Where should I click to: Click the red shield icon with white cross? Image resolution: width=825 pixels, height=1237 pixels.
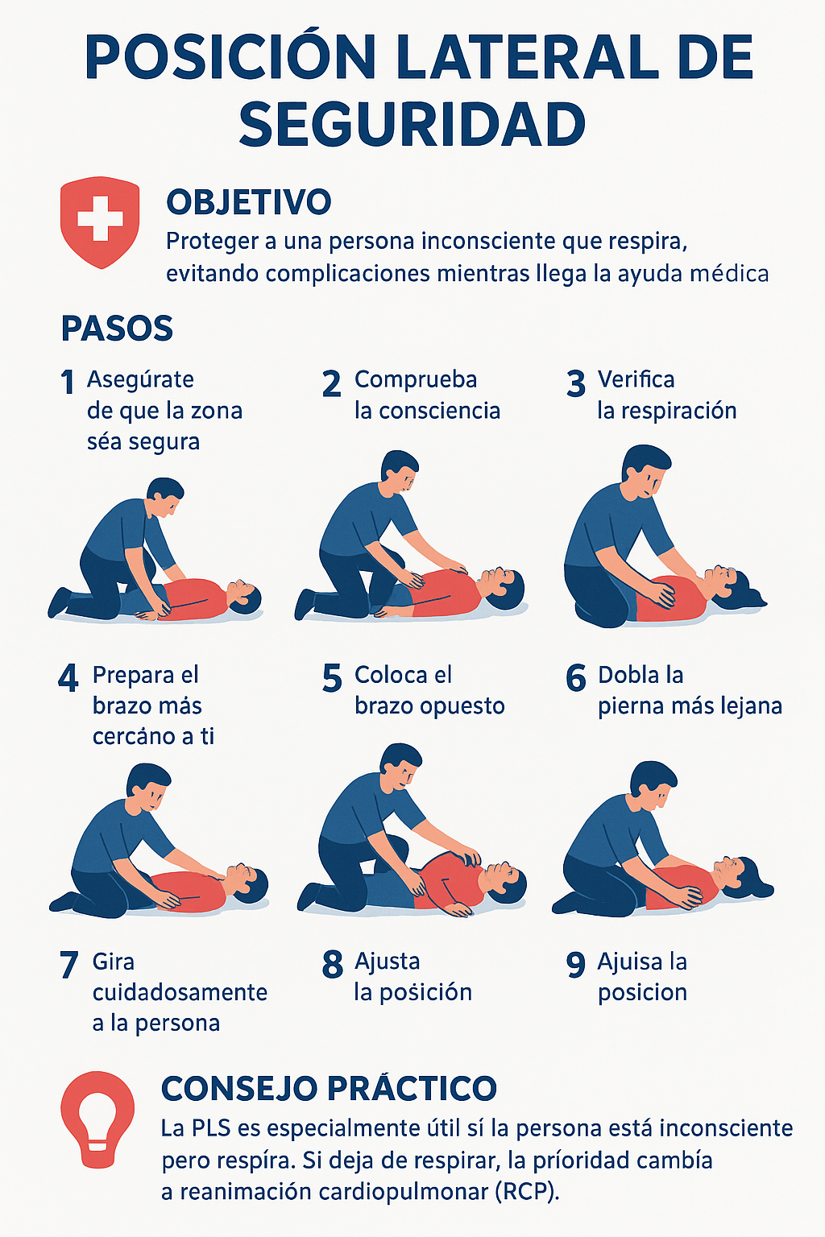pyautogui.click(x=100, y=222)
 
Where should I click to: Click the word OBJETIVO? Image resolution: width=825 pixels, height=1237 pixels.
pyautogui.click(x=249, y=202)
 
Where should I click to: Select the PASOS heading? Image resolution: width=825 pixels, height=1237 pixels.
pyautogui.click(x=117, y=329)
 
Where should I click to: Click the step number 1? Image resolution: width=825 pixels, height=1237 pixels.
pyautogui.click(x=68, y=383)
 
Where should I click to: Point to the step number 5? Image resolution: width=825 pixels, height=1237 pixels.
pyautogui.click(x=332, y=678)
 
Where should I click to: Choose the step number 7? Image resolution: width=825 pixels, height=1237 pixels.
pyautogui.click(x=68, y=965)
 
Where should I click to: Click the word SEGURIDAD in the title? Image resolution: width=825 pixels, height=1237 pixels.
pyautogui.click(x=412, y=124)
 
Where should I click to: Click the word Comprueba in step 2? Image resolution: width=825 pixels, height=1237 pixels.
pyautogui.click(x=416, y=381)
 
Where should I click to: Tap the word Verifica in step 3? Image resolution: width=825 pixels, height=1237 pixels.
pyautogui.click(x=636, y=379)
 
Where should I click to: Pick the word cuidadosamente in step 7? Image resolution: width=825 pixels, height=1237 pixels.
pyautogui.click(x=180, y=992)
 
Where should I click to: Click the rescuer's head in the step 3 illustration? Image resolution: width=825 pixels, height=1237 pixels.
pyautogui.click(x=645, y=472)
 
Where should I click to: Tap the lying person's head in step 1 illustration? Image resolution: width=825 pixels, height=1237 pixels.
pyautogui.click(x=243, y=597)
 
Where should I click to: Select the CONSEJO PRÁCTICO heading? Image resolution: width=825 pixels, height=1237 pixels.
pyautogui.click(x=330, y=1088)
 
